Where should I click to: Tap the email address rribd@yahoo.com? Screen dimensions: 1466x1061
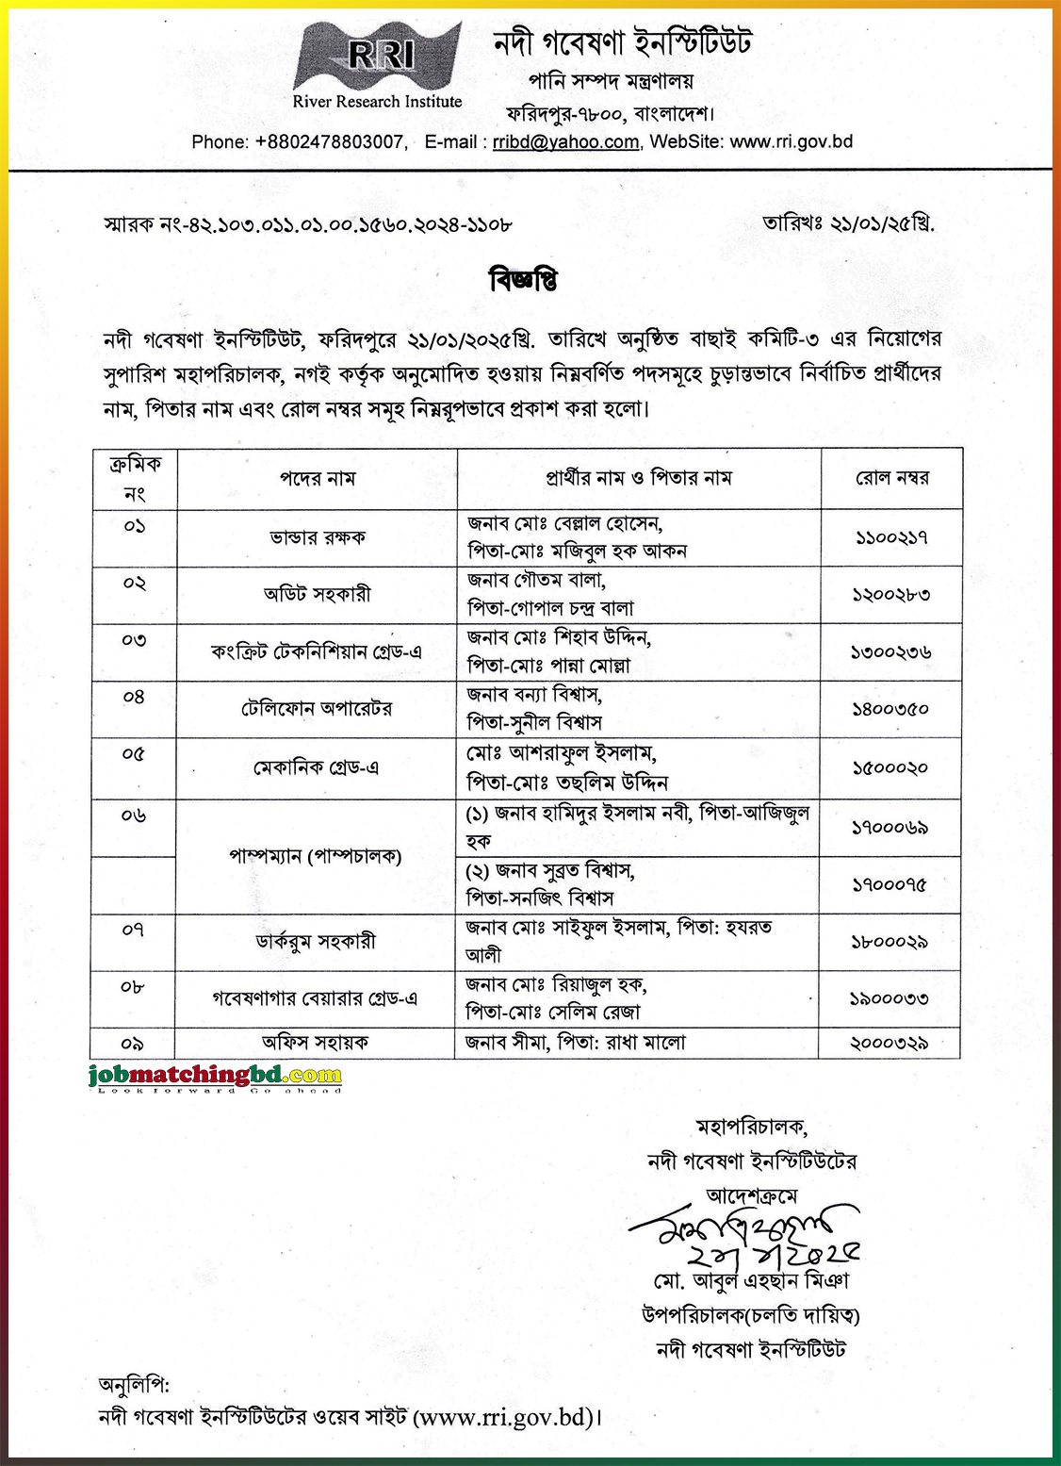pyautogui.click(x=565, y=142)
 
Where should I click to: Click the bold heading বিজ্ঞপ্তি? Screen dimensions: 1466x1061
pyautogui.click(x=523, y=280)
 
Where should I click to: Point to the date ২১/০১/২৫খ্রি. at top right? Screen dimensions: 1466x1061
pyautogui.click(x=848, y=224)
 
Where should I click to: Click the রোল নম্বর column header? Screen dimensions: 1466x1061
pyautogui.click(x=891, y=478)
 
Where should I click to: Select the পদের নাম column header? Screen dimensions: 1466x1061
pyautogui.click(x=317, y=479)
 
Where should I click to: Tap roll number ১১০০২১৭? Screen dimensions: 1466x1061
pyautogui.click(x=891, y=537)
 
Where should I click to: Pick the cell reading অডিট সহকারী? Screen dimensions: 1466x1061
pyautogui.click(x=317, y=594)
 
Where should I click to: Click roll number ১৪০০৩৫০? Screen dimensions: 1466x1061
pyautogui.click(x=891, y=709)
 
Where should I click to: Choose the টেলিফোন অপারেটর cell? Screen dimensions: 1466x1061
pyautogui.click(x=317, y=709)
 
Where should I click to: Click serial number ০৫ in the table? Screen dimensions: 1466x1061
pyautogui.click(x=134, y=754)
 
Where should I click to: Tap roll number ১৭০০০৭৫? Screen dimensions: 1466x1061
pyautogui.click(x=890, y=885)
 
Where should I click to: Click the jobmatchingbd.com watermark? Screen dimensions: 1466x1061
pyautogui.click(x=216, y=1076)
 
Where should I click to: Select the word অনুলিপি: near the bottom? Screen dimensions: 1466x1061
pyautogui.click(x=134, y=1385)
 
